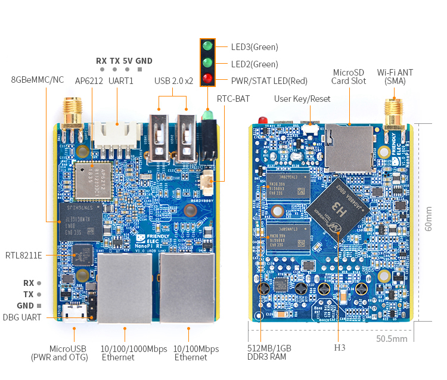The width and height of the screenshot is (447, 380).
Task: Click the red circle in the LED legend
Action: [x=207, y=79]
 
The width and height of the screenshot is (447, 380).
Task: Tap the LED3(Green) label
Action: [x=254, y=47]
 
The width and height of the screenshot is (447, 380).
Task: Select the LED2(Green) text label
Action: [x=254, y=64]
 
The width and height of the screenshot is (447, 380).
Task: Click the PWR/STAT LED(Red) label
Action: [x=269, y=81]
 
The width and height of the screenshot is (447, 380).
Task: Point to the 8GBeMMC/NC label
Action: [x=38, y=79]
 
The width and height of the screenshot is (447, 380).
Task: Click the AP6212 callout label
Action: [x=89, y=80]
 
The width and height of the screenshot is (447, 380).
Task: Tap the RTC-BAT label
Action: [x=233, y=98]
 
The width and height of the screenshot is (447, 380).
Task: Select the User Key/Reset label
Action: [x=302, y=98]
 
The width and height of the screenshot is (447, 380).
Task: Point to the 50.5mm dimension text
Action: [x=392, y=338]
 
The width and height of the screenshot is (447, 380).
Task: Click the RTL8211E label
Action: [x=24, y=256]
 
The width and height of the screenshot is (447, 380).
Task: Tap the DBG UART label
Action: [x=22, y=317]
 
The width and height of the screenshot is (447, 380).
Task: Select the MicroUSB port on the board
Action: [x=74, y=314]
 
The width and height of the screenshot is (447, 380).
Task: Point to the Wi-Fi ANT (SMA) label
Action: [x=395, y=77]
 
